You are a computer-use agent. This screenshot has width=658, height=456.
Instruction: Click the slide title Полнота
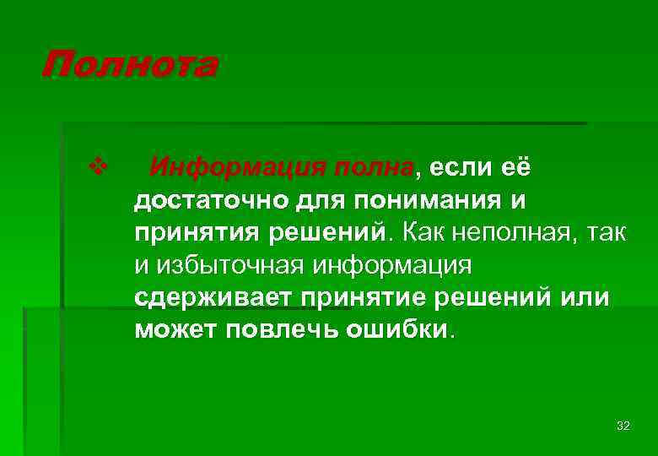pyautogui.click(x=129, y=65)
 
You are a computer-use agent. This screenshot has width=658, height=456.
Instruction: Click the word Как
pyautogui.click(x=424, y=232)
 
